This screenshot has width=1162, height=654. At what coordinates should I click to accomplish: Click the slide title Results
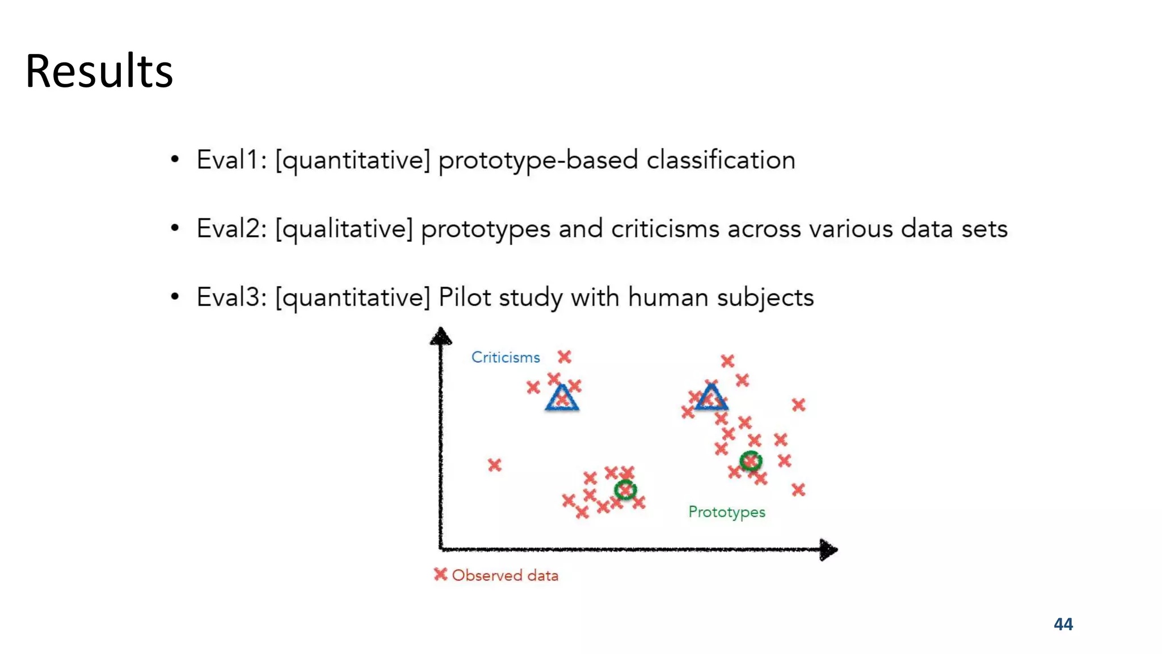[99, 71]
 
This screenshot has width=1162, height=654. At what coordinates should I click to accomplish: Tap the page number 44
[1063, 624]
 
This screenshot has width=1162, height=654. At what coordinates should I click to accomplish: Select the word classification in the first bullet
[721, 160]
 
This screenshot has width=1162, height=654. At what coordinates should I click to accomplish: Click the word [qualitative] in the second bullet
[344, 229]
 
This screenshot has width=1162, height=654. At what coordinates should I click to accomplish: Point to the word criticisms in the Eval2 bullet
[665, 229]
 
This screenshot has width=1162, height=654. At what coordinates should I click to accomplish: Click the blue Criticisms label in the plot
[506, 357]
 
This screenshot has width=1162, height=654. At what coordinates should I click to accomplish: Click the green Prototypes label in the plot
[726, 512]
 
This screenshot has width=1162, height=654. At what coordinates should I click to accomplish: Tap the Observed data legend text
[505, 575]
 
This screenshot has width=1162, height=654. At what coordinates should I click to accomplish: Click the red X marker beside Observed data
[440, 575]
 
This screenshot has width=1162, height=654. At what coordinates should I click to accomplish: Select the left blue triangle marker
[562, 398]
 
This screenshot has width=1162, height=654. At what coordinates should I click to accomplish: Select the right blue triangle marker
[711, 397]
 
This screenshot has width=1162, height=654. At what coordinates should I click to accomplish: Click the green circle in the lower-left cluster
[625, 489]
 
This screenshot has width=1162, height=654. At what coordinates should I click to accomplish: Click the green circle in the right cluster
[751, 461]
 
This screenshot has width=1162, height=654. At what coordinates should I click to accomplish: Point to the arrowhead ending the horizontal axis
[829, 550]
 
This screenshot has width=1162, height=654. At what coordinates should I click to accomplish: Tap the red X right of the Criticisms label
[564, 357]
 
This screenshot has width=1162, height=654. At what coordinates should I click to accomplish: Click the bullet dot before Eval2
[175, 229]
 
